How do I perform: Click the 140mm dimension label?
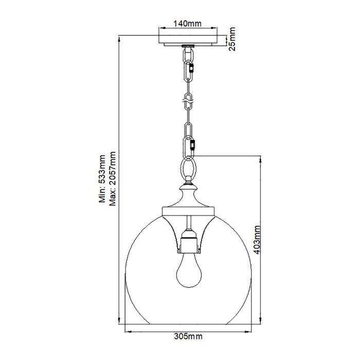pos(188,24)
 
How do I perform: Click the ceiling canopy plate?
pos(188,39)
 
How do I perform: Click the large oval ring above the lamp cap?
pos(189,167)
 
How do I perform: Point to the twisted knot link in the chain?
pos(188,101)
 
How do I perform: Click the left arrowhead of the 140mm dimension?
pos(160,30)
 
